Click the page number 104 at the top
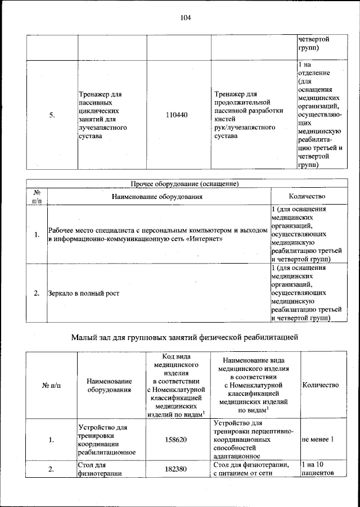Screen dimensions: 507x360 [x=186, y=17]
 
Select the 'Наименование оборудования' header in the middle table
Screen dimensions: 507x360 [x=157, y=197]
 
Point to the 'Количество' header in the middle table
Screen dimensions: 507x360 [x=307, y=197]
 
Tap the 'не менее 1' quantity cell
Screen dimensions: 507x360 [x=318, y=440]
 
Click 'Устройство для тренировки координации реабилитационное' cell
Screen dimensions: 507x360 [x=103, y=440]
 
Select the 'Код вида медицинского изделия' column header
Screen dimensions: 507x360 [x=178, y=385]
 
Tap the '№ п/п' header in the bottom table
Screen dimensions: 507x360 [x=51, y=385]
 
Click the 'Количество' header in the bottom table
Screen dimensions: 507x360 [x=320, y=385]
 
